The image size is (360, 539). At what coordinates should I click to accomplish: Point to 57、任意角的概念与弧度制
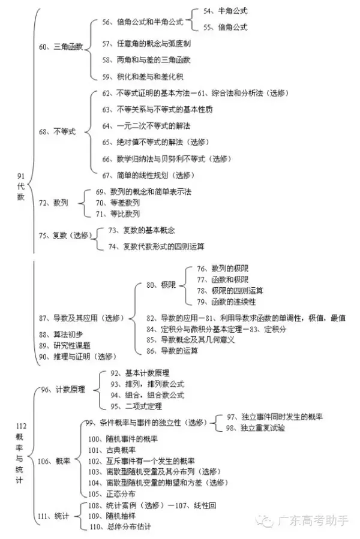146,44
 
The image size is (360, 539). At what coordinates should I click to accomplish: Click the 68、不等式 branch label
56,131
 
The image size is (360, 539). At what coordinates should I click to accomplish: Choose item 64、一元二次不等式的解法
146,126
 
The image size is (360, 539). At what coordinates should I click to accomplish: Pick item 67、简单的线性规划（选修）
149,175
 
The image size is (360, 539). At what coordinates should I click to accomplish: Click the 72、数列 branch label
52,203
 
